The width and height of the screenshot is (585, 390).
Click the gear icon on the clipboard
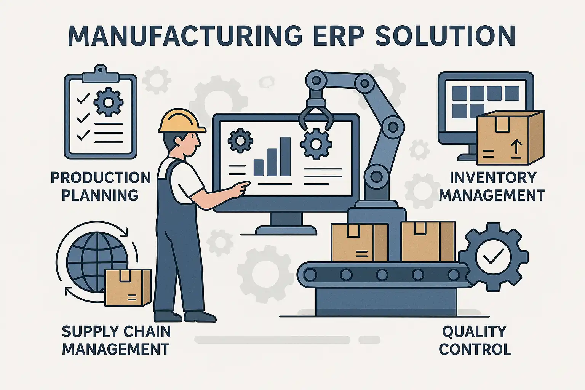(108, 103)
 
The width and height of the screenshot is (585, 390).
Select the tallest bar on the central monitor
(285, 157)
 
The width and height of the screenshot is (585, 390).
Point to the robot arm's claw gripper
(316, 115)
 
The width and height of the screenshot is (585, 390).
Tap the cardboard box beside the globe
(128, 287)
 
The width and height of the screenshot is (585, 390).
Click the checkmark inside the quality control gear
(493, 256)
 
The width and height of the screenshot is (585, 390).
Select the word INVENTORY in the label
(493, 177)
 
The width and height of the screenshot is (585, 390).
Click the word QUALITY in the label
(474, 331)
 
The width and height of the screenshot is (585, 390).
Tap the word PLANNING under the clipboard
(100, 195)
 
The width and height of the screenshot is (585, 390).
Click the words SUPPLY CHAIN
(116, 331)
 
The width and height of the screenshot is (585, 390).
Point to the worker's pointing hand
(241, 190)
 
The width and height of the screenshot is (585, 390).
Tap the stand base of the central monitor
(286, 230)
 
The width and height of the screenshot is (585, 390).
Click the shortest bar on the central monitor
(259, 168)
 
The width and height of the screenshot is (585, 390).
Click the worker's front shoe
(200, 316)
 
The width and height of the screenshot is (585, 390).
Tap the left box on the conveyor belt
(359, 242)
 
